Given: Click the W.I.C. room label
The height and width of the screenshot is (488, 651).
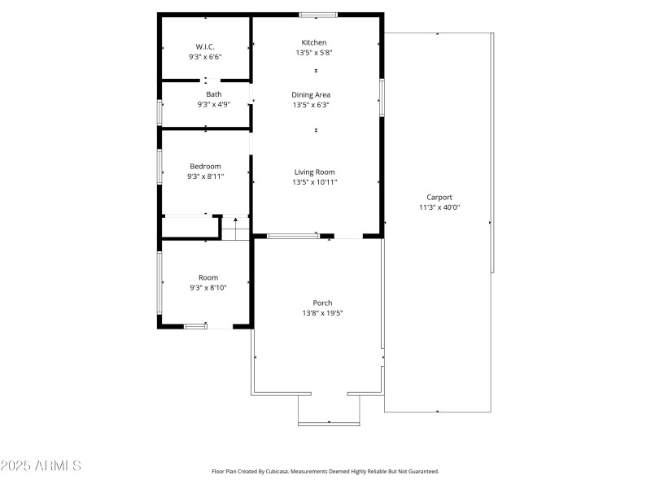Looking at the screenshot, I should (205, 46).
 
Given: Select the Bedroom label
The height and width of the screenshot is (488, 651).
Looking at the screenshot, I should (205, 166).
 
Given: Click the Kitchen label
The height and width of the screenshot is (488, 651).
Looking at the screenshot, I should (314, 42).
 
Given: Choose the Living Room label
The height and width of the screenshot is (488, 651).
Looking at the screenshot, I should (314, 172).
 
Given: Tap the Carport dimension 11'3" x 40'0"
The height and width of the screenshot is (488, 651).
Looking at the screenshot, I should (439, 207).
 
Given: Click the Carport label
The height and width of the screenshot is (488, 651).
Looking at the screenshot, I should (439, 197).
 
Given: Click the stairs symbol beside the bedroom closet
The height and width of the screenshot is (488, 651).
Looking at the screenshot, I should (235, 229).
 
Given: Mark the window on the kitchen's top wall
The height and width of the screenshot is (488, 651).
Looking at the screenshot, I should (318, 15).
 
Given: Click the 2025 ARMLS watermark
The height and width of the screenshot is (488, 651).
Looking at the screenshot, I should (41, 466).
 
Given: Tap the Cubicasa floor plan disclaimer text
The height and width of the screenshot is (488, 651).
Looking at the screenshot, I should (325, 471).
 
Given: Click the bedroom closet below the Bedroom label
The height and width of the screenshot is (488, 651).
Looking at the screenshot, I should (190, 227).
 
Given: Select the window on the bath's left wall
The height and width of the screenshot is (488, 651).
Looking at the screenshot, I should (159, 111).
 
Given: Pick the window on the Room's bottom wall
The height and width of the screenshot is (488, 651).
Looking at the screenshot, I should (195, 326).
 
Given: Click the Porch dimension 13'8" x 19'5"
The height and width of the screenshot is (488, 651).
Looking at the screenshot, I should (322, 313).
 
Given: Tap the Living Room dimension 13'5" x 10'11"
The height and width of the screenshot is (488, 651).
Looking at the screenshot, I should (314, 182).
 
